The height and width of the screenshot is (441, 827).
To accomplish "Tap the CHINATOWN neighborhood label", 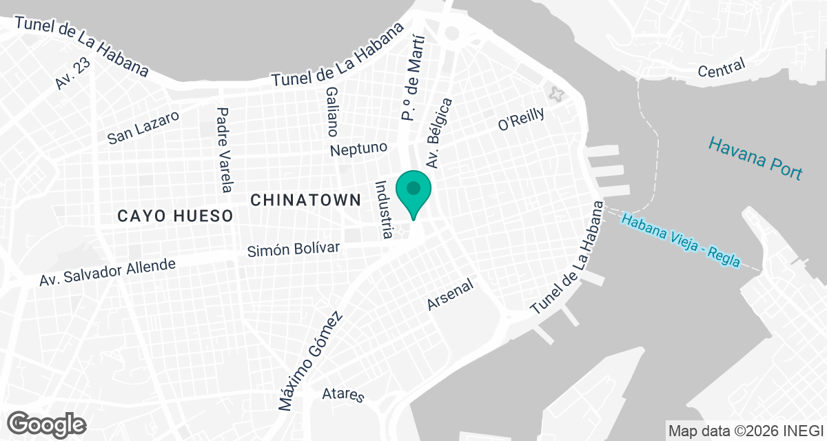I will pos(305,201).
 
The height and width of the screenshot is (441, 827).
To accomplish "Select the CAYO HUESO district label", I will pos(175,216).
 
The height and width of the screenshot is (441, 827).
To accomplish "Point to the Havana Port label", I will pos(755,158).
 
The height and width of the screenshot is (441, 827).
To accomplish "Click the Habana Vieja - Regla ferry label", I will pos(680,240).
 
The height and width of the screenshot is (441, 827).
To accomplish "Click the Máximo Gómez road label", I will pos(310,362).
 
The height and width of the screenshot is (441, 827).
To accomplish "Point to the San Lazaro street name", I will pos(143,127).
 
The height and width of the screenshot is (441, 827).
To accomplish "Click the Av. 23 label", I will pos(73,73).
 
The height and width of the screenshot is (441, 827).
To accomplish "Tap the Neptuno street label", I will pos(359,148).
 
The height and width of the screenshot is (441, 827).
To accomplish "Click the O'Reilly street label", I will pos(521,119).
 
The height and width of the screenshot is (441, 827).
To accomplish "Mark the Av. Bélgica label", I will pos(440,134).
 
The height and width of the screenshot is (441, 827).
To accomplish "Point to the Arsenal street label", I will pos(451,295).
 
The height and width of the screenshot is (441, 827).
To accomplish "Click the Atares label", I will pos(343,395).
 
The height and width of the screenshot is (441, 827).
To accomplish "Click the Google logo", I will pos(47,423).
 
